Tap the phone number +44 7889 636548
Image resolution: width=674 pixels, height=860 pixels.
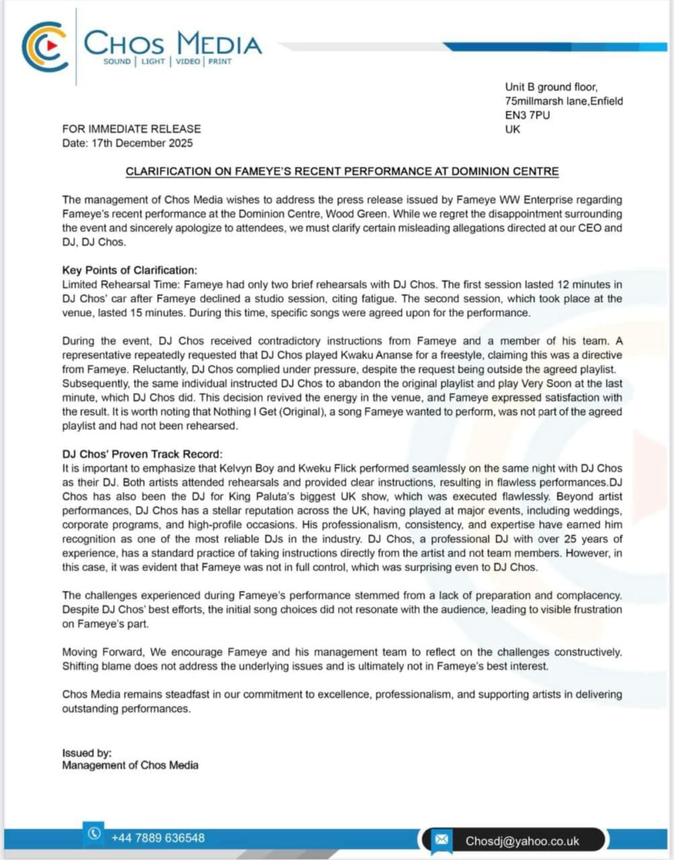click(158, 837)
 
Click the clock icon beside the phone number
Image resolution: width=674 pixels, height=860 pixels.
click(94, 834)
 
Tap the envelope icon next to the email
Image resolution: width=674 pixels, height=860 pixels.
click(442, 839)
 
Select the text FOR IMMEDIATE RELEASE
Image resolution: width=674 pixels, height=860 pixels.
click(132, 128)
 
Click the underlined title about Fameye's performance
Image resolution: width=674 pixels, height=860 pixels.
click(342, 171)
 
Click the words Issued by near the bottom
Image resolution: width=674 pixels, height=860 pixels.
click(87, 752)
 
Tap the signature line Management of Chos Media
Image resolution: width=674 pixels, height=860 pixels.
click(131, 765)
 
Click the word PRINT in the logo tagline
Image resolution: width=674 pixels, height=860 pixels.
click(221, 61)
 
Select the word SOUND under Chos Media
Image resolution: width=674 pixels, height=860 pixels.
click(118, 61)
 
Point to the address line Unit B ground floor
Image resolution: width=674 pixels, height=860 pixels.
click(551, 87)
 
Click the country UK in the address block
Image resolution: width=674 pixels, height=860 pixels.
click(513, 129)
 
